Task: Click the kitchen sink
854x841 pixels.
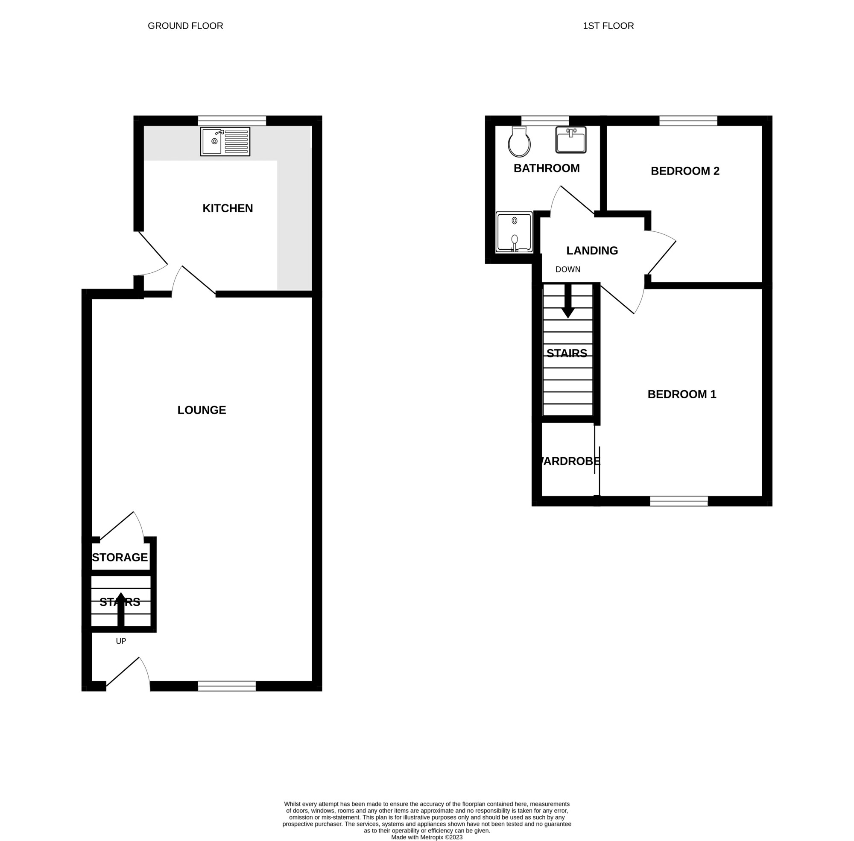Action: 225,141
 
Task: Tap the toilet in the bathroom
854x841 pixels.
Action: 519,141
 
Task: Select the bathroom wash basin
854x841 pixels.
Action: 571,140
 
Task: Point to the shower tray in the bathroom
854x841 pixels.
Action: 514,232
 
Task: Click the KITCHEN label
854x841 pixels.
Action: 228,208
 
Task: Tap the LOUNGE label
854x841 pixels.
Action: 202,410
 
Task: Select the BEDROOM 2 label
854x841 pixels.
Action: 685,171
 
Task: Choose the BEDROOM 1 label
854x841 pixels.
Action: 681,394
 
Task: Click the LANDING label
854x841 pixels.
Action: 592,251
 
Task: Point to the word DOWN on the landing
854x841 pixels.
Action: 568,269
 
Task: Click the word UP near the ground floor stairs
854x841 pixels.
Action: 120,641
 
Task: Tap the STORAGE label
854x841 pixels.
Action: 120,558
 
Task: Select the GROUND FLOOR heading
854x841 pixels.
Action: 185,26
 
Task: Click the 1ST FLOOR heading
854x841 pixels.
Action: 608,26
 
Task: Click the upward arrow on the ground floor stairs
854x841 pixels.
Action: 120,609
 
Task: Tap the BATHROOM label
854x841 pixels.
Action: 547,168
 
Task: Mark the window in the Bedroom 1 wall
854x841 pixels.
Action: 679,501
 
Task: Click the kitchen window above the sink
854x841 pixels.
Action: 231,120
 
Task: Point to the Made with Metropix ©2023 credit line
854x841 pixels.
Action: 427,837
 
